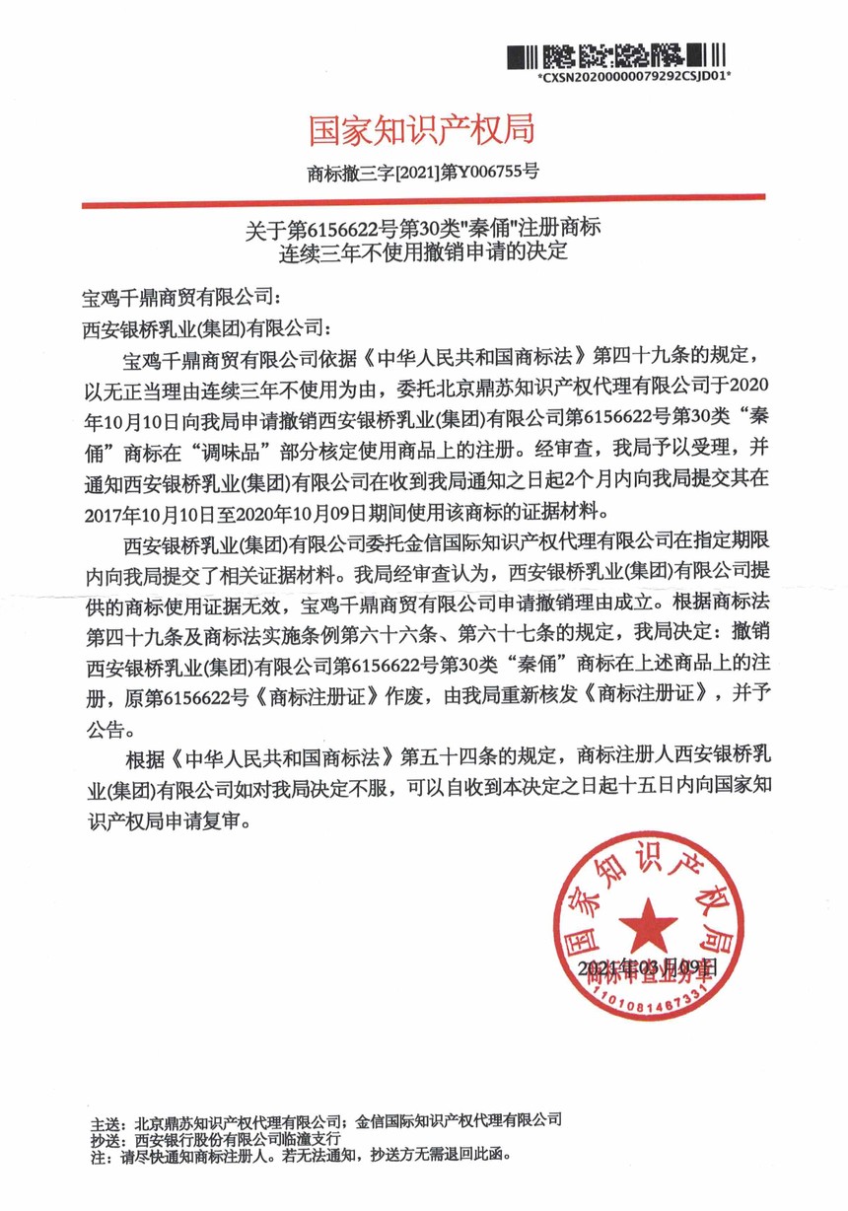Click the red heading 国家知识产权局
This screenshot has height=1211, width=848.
click(x=424, y=129)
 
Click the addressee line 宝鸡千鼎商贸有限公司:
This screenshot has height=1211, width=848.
click(x=183, y=295)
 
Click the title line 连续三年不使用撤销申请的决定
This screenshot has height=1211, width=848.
click(x=424, y=252)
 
